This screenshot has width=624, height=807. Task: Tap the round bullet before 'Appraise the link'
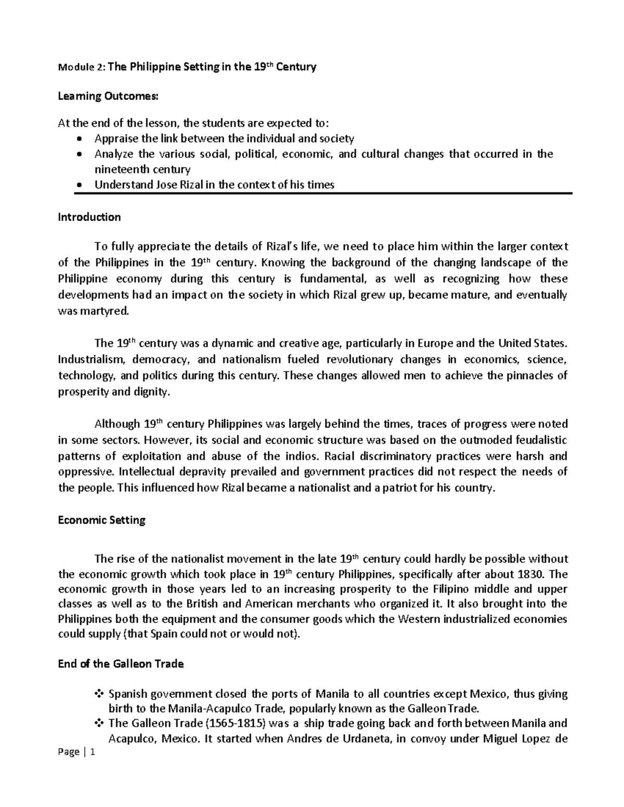(x=79, y=139)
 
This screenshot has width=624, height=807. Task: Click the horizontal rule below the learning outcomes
(x=322, y=193)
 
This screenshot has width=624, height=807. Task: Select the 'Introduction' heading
(x=89, y=217)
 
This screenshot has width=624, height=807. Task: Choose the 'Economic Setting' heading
(x=101, y=520)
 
